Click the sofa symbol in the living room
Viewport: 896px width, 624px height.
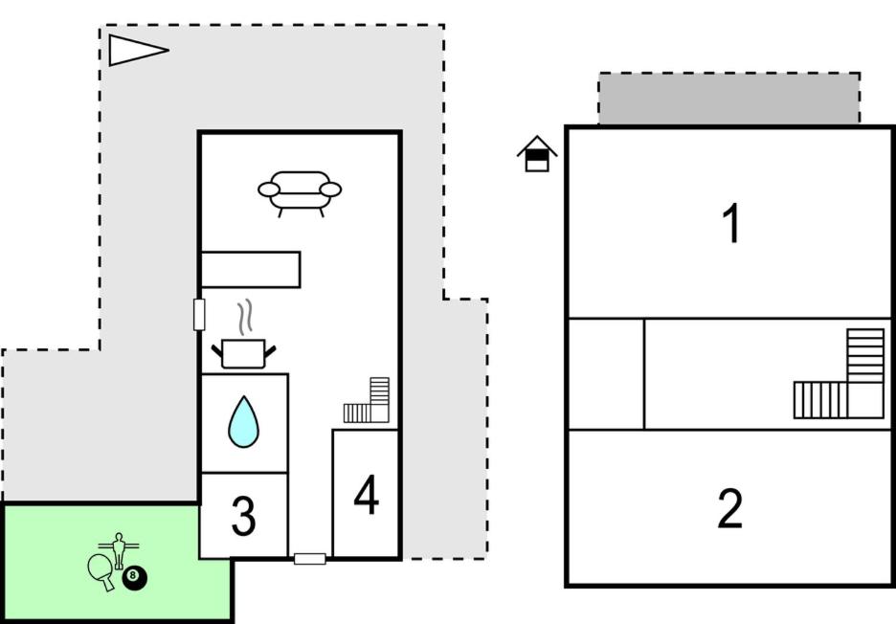click(300, 193)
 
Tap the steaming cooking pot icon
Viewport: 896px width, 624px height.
click(243, 353)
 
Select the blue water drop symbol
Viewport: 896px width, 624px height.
click(243, 422)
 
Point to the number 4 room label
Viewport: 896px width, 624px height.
click(367, 495)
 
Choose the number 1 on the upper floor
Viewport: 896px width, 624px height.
click(732, 223)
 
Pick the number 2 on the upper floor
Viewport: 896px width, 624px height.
click(729, 508)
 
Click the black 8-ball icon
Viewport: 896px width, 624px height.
click(134, 578)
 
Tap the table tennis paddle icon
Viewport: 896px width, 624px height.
click(101, 571)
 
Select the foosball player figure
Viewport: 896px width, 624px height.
click(119, 549)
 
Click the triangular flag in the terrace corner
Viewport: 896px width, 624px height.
click(138, 51)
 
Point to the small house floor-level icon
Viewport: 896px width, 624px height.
click(537, 154)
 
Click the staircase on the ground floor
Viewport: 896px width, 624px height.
click(367, 400)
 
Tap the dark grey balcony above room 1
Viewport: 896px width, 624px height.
click(729, 99)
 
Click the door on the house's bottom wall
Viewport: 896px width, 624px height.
click(310, 559)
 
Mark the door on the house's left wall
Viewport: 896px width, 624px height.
click(199, 314)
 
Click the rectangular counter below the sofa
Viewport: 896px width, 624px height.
click(250, 270)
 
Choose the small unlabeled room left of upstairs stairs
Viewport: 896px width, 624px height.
click(606, 373)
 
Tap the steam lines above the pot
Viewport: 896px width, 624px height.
click(245, 317)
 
